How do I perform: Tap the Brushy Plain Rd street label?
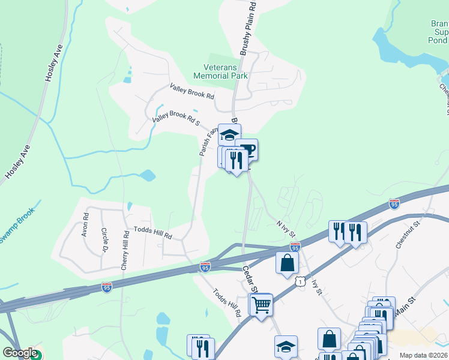coord(249,29)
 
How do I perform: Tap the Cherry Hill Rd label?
coord(124,250)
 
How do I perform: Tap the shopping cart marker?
coord(261,305)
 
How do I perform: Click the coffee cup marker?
coord(246,149)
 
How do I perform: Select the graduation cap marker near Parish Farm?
coord(229,134)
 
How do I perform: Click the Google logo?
coord(20,353)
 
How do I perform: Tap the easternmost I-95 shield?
coord(394,205)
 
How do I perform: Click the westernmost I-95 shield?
coord(106,288)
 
